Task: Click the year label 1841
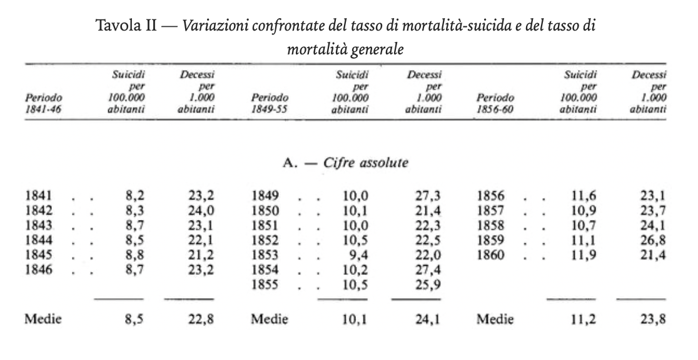click(39, 196)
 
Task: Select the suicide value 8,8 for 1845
click(135, 255)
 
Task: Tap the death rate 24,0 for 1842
click(201, 211)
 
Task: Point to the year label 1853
click(265, 255)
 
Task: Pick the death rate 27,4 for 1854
click(428, 269)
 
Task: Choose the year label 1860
click(490, 255)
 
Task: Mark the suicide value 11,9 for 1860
click(584, 255)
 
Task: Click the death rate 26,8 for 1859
click(653, 240)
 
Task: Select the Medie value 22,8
click(201, 319)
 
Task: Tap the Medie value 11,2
click(584, 319)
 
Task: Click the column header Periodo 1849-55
click(270, 102)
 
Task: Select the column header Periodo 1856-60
click(495, 102)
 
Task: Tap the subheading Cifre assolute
click(365, 162)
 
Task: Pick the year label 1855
click(265, 284)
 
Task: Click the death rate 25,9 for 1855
click(428, 284)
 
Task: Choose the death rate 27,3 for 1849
click(428, 196)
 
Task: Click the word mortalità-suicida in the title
click(457, 26)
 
